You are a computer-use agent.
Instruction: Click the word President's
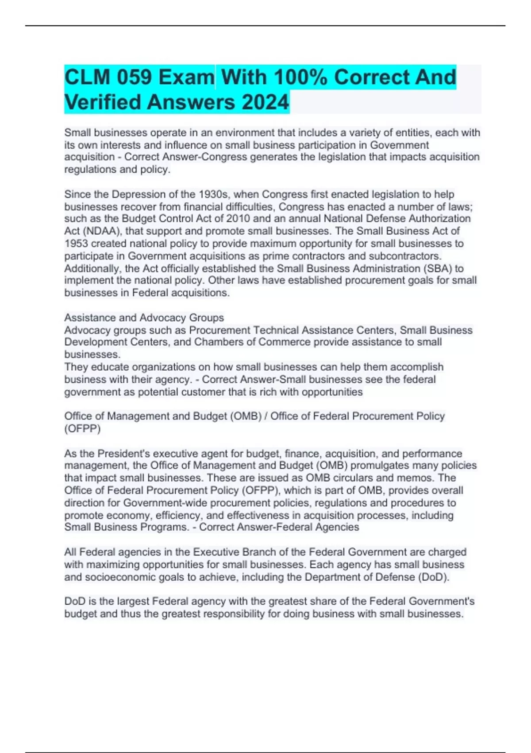point(125,454)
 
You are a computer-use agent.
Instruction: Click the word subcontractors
point(407,256)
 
